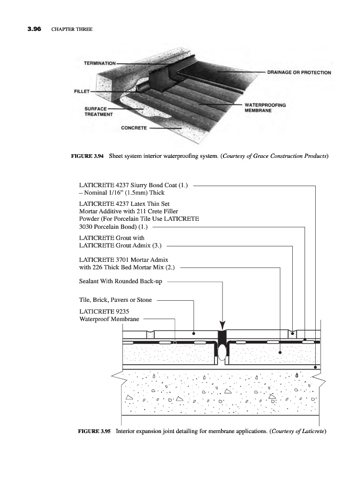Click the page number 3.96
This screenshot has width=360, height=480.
(x=35, y=29)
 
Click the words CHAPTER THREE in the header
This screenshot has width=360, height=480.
(x=72, y=29)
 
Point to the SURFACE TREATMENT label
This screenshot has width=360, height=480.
(x=99, y=111)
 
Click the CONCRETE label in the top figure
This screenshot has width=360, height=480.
(x=134, y=128)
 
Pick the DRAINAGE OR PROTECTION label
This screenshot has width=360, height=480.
(x=299, y=72)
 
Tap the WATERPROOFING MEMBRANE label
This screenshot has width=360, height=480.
(x=265, y=108)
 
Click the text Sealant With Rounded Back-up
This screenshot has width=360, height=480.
(x=120, y=281)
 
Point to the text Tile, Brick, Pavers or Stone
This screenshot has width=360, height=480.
(x=115, y=300)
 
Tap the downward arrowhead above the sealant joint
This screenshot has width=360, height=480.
(x=222, y=325)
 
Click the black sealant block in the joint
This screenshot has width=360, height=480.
(x=222, y=337)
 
